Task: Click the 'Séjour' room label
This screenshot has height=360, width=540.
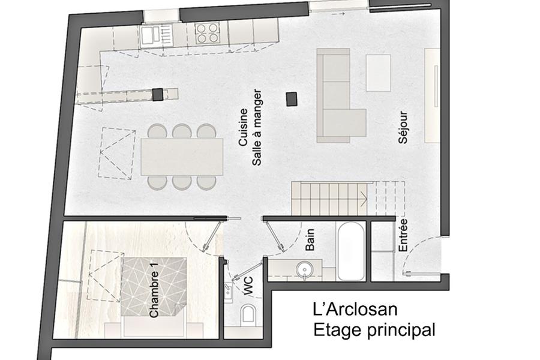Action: [403, 127]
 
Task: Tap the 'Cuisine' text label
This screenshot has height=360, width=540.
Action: [243, 127]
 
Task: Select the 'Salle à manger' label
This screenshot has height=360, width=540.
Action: [257, 127]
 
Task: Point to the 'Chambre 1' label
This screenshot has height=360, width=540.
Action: [154, 294]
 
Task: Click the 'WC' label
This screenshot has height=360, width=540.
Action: [248, 286]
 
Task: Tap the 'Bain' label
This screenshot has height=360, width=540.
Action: [310, 239]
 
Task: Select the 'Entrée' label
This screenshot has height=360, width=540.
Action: [403, 235]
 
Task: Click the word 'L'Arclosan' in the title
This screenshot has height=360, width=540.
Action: [355, 309]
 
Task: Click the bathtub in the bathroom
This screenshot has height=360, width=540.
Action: [350, 251]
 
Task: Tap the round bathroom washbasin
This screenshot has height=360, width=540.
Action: [305, 268]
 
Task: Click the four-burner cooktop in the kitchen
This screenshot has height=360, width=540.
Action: [207, 33]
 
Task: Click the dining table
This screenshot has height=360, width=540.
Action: [182, 157]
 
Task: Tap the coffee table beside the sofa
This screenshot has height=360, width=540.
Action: [378, 73]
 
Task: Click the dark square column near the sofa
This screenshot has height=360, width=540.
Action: [292, 99]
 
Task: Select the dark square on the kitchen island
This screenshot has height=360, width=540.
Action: [158, 94]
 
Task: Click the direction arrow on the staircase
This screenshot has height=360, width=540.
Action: [364, 199]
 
